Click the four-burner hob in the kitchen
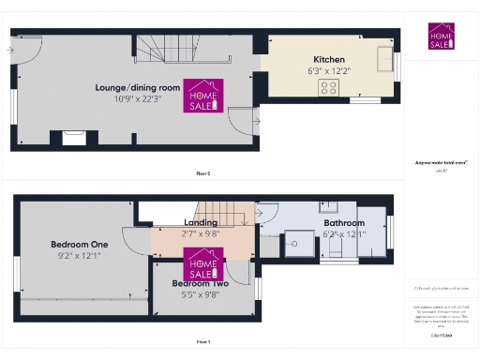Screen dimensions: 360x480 (x=330, y=88)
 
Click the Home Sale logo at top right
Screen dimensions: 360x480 (x=441, y=37)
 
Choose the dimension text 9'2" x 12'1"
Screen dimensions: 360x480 (x=79, y=256)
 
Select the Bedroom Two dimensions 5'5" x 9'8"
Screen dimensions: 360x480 (x=200, y=293)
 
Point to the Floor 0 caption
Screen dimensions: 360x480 (x=202, y=173)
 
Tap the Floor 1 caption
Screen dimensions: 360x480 (x=202, y=341)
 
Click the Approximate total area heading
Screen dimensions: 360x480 (x=441, y=162)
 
